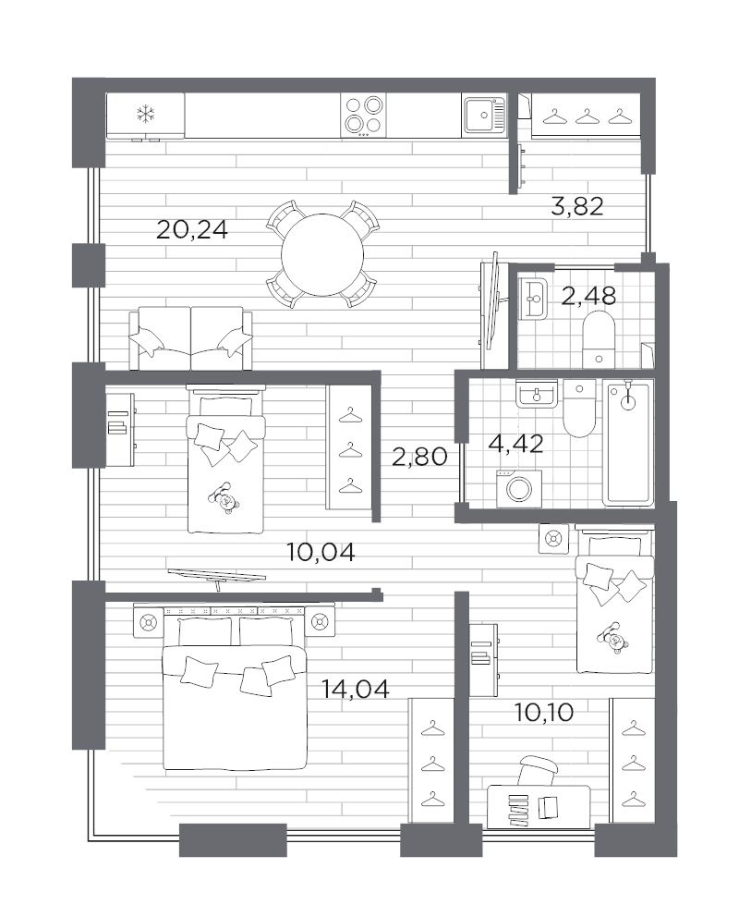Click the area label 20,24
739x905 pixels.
click(x=192, y=230)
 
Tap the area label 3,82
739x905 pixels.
click(x=576, y=207)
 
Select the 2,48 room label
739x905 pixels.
click(x=588, y=297)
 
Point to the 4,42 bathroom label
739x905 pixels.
click(x=515, y=443)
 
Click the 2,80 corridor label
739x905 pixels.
click(x=419, y=456)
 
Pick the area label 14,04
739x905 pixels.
click(x=355, y=688)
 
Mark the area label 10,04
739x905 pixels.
click(x=321, y=553)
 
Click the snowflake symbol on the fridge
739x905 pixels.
click(x=145, y=115)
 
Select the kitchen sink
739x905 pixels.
click(x=481, y=116)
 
